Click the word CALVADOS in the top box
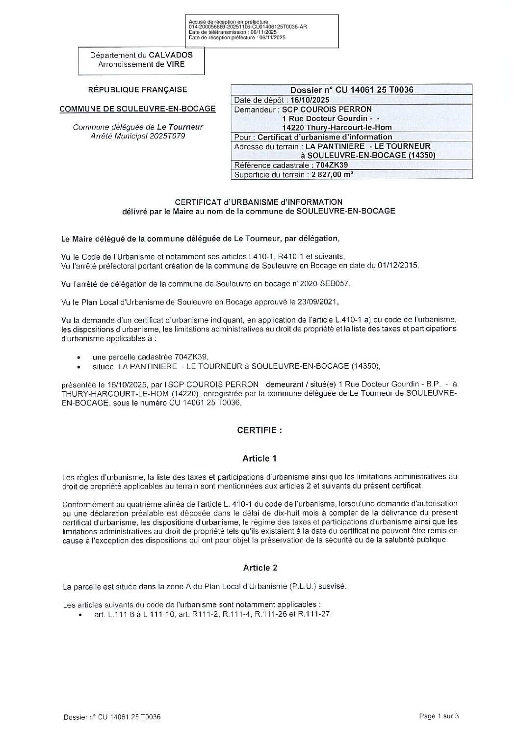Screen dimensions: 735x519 [171, 55]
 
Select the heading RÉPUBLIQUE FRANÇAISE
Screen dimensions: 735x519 [137, 90]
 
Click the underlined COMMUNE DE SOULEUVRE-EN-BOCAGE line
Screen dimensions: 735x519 [137, 109]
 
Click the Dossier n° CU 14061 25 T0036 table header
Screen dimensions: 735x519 [352, 90]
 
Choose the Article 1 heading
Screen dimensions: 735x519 [259, 459]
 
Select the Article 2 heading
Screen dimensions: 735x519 [260, 568]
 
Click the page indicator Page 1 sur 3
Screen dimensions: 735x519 [439, 716]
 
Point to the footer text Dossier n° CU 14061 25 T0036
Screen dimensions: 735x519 [112, 717]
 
